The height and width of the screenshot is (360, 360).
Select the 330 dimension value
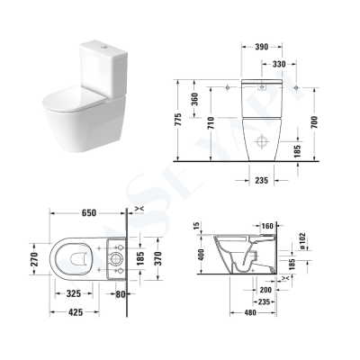279,65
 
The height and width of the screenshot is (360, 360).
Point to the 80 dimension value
121,294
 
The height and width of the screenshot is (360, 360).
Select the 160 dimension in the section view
266,225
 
